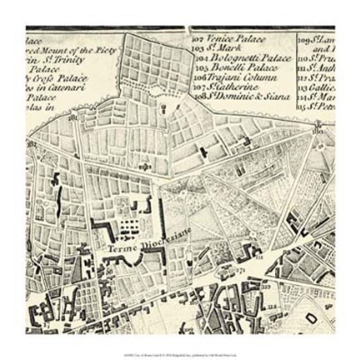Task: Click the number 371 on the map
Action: point(239,272)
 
